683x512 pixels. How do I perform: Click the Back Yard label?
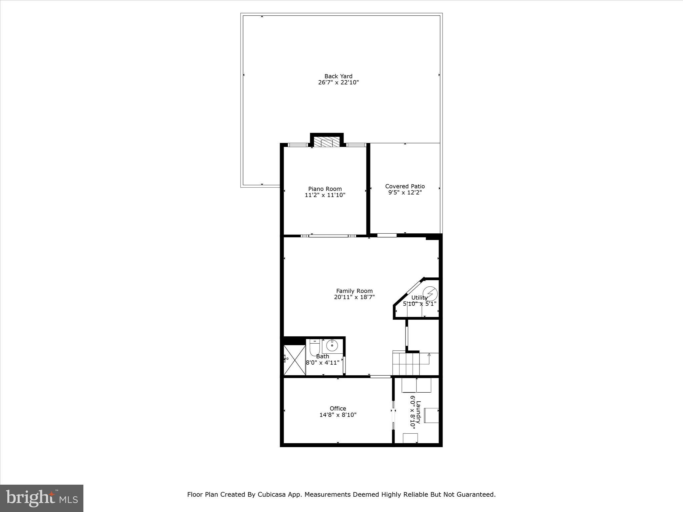(338, 76)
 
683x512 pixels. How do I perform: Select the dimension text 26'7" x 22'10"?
(338, 83)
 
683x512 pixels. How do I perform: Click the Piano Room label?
(325, 189)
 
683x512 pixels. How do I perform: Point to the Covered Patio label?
(405, 186)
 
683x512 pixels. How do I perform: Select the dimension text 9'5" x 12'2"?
(405, 193)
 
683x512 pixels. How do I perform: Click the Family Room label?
(354, 291)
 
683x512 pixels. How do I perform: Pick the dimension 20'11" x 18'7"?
(354, 297)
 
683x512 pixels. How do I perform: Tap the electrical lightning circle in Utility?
(430, 293)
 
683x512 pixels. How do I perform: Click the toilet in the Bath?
(315, 348)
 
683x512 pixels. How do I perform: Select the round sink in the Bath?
(332, 346)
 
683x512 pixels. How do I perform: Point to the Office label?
(338, 409)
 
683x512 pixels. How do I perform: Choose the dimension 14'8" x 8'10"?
(338, 415)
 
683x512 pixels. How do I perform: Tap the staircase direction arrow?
(429, 355)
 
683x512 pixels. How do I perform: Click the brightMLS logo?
(42, 498)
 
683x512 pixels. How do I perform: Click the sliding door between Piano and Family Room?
(328, 236)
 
